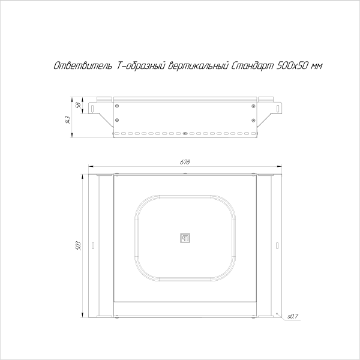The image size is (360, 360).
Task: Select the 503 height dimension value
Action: pos(79,245)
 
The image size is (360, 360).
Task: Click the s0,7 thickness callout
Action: pos(292,316)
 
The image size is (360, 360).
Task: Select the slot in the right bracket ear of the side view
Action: pos(278,107)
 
